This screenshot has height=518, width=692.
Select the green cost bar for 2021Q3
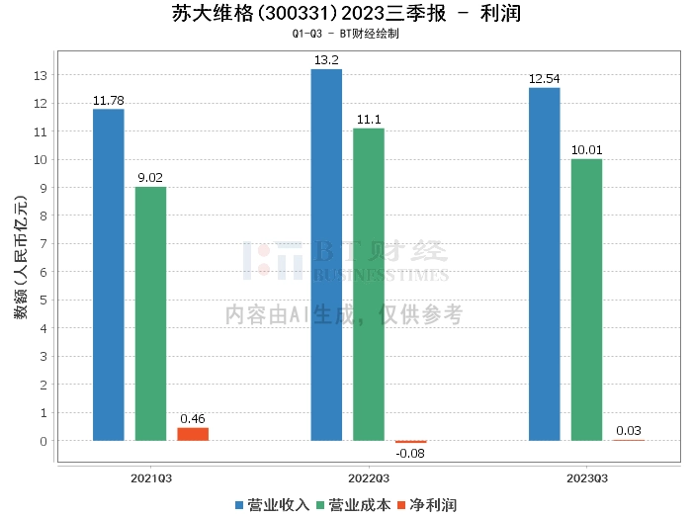pyautogui.click(x=151, y=313)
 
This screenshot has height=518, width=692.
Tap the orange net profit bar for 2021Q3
pyautogui.click(x=193, y=434)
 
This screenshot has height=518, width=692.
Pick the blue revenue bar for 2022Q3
pyautogui.click(x=326, y=255)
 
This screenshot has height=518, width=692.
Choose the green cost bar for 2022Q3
pyautogui.click(x=369, y=285)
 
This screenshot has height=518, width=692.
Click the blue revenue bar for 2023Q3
pyautogui.click(x=544, y=264)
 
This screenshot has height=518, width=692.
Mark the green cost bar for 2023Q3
pyautogui.click(x=586, y=300)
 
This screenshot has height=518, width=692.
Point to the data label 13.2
pyautogui.click(x=326, y=60)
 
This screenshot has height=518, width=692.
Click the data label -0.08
pyautogui.click(x=410, y=453)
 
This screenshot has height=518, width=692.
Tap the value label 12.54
pyautogui.click(x=544, y=79)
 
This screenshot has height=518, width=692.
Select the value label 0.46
pyautogui.click(x=193, y=419)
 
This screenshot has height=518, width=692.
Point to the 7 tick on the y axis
pyautogui.click(x=43, y=243)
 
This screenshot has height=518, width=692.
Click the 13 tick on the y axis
pyautogui.click(x=41, y=75)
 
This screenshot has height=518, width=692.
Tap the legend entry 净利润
pyautogui.click(x=426, y=504)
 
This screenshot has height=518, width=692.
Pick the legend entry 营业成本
pyautogui.click(x=352, y=504)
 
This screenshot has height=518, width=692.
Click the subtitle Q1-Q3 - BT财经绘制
pyautogui.click(x=345, y=34)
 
